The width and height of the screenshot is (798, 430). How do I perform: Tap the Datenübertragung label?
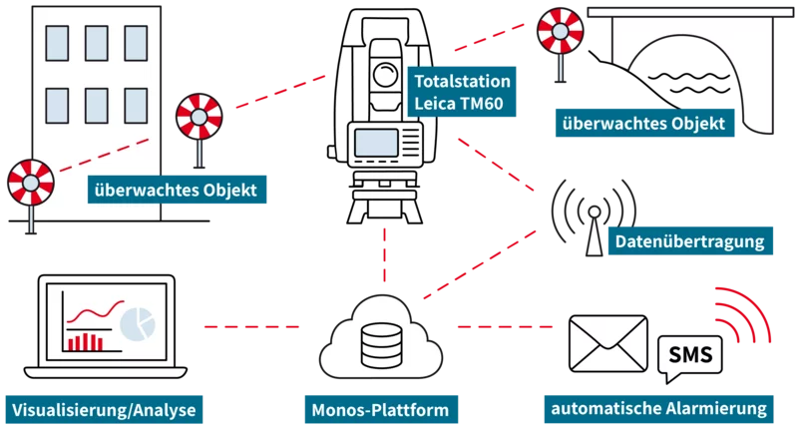tap(688, 241)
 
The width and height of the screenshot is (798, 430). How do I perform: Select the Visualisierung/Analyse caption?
tap(104, 409)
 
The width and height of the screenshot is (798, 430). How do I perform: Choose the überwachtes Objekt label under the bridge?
tap(649, 125)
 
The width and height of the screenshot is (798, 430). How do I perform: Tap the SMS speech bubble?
tap(690, 356)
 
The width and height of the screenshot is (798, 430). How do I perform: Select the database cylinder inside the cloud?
tap(378, 344)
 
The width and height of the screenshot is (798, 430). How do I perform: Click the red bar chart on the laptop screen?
tap(85, 341)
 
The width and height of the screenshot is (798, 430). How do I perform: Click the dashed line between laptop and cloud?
tap(249, 326)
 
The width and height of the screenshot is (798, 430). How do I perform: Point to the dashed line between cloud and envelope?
tap(507, 326)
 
